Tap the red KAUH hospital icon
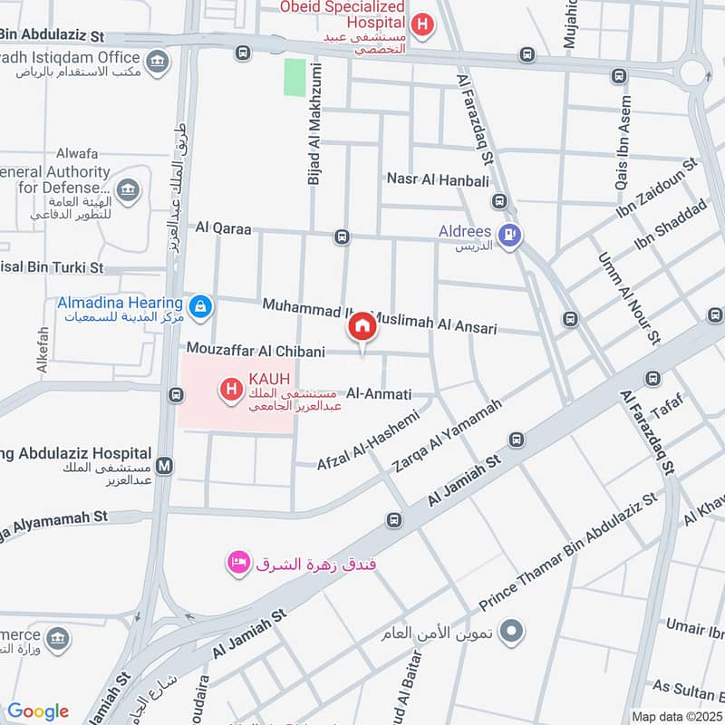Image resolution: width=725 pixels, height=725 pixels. pos(230,391)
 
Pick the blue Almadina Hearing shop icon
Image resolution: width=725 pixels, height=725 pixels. pos(200,308)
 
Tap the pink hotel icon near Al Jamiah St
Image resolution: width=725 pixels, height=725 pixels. pos(238,564)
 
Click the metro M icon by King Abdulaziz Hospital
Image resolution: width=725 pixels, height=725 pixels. pos(164,466)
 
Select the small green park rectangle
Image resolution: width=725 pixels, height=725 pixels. pos(295,77)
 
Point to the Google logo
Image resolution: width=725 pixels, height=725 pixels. pos(38,711)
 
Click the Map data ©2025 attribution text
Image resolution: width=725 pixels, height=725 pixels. pos(676,716)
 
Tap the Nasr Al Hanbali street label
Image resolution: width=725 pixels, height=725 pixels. pos(438,179)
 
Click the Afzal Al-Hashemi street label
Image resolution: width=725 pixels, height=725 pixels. pos(368,440)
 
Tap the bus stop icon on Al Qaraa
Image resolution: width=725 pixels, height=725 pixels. pos(342,237)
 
